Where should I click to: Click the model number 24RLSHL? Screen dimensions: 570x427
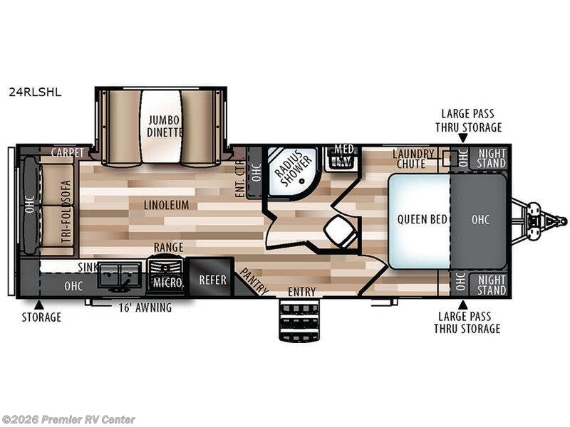pyautogui.click(x=35, y=93)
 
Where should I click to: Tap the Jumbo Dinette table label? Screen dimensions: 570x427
pyautogui.click(x=165, y=127)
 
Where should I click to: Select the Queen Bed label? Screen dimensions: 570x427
pyautogui.click(x=422, y=219)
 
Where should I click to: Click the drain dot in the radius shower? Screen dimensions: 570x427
pyautogui.click(x=301, y=181)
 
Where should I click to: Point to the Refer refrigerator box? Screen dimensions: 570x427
pyautogui.click(x=212, y=277)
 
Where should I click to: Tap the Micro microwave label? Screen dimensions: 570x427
pyautogui.click(x=168, y=282)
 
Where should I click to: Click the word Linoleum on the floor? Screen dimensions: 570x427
pyautogui.click(x=166, y=205)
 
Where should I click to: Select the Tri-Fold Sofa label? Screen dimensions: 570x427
pyautogui.click(x=66, y=211)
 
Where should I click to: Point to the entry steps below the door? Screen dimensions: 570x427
pyautogui.click(x=299, y=320)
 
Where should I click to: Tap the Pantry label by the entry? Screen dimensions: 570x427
pyautogui.click(x=254, y=281)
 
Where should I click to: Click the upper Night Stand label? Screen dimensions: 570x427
pyautogui.click(x=492, y=158)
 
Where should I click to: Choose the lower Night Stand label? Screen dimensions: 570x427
pyautogui.click(x=492, y=285)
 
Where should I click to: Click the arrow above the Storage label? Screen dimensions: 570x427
pyautogui.click(x=39, y=305)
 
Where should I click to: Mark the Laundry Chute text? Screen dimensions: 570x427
pyautogui.click(x=413, y=159)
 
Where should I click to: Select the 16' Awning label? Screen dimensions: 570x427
pyautogui.click(x=145, y=308)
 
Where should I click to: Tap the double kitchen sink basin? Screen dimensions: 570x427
pyautogui.click(x=119, y=275)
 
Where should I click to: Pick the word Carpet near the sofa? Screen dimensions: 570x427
pyautogui.click(x=68, y=153)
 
